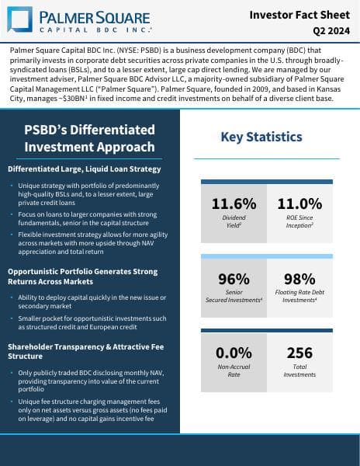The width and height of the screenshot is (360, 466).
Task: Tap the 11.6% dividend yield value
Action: pos(234,204)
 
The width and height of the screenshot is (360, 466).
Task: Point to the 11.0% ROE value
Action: pos(299,204)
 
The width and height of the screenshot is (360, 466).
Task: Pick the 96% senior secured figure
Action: pos(234,279)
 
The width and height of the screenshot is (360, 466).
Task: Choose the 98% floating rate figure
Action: pos(299,279)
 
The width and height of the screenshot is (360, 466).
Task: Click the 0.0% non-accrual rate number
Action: pos(234,353)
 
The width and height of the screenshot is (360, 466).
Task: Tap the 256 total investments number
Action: pos(299,353)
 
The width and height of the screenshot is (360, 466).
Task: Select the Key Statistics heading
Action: pos(261,137)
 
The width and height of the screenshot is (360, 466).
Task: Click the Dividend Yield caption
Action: pos(234,222)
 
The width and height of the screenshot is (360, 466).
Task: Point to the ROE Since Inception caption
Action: pos(299,222)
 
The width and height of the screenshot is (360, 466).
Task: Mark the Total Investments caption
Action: pos(299,370)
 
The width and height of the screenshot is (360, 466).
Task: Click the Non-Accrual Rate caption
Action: pos(234,370)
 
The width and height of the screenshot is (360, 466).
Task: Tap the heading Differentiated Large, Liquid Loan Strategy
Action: pos(85,169)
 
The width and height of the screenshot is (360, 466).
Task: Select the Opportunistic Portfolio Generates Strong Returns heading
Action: pos(81,276)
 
